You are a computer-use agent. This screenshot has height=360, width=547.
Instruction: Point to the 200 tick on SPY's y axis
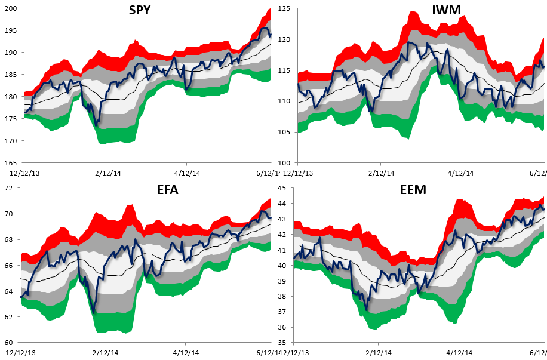click(11, 8)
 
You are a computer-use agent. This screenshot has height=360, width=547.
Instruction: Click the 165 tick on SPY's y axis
click(11, 163)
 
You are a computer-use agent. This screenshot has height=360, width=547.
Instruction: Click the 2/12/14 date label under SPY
click(107, 173)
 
